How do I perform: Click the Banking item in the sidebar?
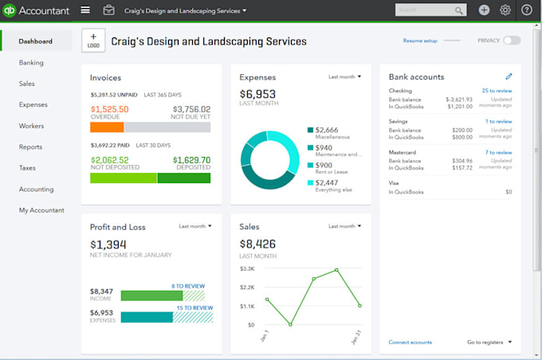tap(32, 62)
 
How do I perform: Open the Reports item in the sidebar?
tap(32, 147)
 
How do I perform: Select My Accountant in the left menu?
tap(41, 210)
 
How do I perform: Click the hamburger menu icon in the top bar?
tap(85, 10)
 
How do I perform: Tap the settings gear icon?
tap(505, 10)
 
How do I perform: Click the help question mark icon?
tap(527, 10)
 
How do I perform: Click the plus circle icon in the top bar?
tap(484, 10)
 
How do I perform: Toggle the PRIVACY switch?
tap(511, 40)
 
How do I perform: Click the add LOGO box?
tap(92, 41)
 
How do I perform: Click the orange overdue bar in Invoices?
tap(107, 127)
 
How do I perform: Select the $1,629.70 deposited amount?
tap(191, 159)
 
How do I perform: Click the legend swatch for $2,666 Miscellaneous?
tap(311, 130)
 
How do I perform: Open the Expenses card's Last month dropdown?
tap(344, 77)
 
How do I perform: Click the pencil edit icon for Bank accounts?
tap(509, 76)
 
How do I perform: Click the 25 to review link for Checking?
tap(497, 91)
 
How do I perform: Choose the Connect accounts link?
tap(410, 342)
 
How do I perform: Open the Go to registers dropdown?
tap(489, 342)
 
